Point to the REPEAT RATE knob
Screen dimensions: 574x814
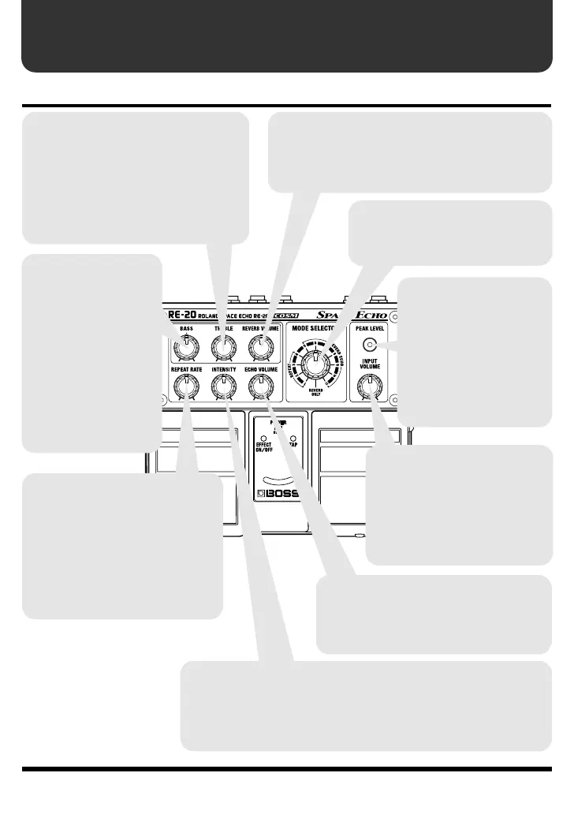click(x=186, y=386)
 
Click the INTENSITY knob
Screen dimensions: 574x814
click(x=223, y=386)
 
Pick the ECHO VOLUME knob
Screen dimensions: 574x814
click(x=259, y=386)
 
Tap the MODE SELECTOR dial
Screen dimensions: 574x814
click(x=315, y=364)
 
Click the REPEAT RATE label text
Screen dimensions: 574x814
click(x=186, y=368)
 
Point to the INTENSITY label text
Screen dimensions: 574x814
click(x=223, y=368)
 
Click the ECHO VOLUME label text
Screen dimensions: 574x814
click(x=259, y=368)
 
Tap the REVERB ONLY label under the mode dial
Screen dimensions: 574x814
click(x=315, y=395)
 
